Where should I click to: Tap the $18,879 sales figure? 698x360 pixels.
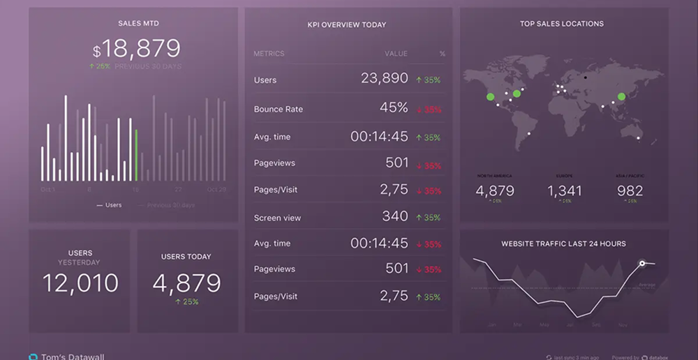(138, 49)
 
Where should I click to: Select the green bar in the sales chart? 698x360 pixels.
(136, 155)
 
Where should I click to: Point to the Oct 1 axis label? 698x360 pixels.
(47, 189)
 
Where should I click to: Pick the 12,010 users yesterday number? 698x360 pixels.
(80, 283)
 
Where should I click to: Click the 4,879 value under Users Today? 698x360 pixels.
(186, 283)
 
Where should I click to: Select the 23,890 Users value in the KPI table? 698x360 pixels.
(385, 78)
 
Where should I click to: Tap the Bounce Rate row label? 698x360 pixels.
(279, 109)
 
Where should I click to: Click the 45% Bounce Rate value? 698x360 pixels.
(394, 107)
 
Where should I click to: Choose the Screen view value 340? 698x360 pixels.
(395, 216)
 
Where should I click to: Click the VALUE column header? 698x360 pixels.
(396, 54)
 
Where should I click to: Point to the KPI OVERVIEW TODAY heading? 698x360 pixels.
(347, 25)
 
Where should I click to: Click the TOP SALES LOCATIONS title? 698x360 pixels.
(562, 24)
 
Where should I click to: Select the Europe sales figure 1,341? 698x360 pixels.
(564, 190)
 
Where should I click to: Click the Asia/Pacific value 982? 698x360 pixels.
(630, 190)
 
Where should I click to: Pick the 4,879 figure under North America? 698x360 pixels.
(495, 190)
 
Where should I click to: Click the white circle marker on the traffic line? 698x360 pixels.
(641, 264)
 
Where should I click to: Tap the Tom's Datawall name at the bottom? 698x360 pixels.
(73, 357)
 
